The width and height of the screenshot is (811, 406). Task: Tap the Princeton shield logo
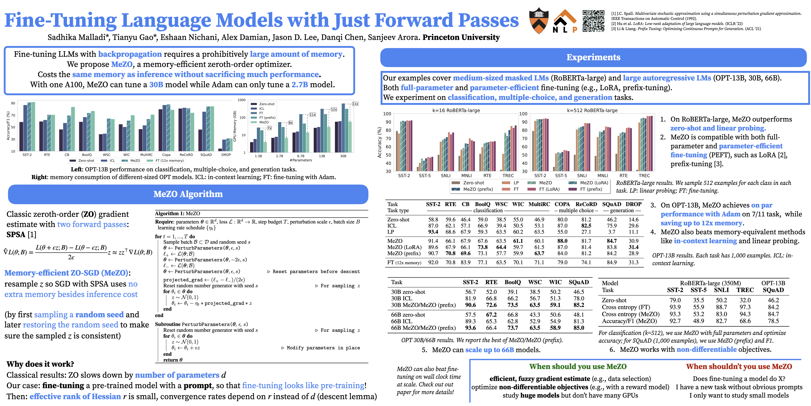(x=539, y=21)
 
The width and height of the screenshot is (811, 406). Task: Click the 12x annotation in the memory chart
(x=334, y=109)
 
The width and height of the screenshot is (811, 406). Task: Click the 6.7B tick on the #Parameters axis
(x=301, y=156)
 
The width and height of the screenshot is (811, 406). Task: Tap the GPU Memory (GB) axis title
(x=235, y=126)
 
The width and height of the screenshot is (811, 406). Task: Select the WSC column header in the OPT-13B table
(x=501, y=204)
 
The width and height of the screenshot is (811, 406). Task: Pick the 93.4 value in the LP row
(x=433, y=232)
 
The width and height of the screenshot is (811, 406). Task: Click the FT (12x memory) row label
(x=404, y=262)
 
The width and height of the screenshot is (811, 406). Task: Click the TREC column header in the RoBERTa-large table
(x=745, y=290)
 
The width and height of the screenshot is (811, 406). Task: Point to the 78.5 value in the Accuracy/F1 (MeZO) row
(x=773, y=321)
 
